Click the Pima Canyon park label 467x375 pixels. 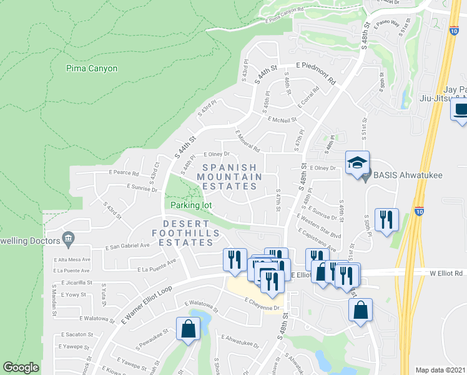point(91,68)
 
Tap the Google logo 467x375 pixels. point(21,367)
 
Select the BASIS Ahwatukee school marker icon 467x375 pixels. point(358,164)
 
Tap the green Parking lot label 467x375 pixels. point(191,205)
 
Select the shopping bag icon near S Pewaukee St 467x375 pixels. point(188,329)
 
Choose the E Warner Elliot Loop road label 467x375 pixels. point(146,306)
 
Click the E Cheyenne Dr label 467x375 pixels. point(264,299)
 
